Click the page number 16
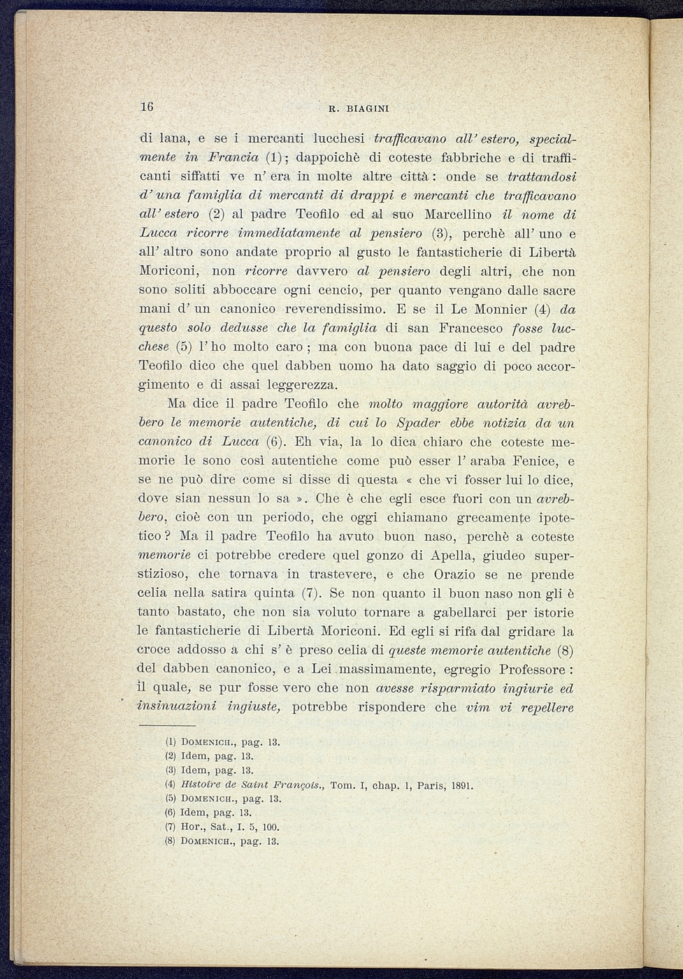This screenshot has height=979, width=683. pyautogui.click(x=146, y=107)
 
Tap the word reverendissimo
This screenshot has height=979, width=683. pyautogui.click(x=322, y=309)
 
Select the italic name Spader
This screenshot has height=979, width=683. pyautogui.click(x=420, y=423)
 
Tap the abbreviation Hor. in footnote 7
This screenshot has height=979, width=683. pyautogui.click(x=190, y=827)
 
